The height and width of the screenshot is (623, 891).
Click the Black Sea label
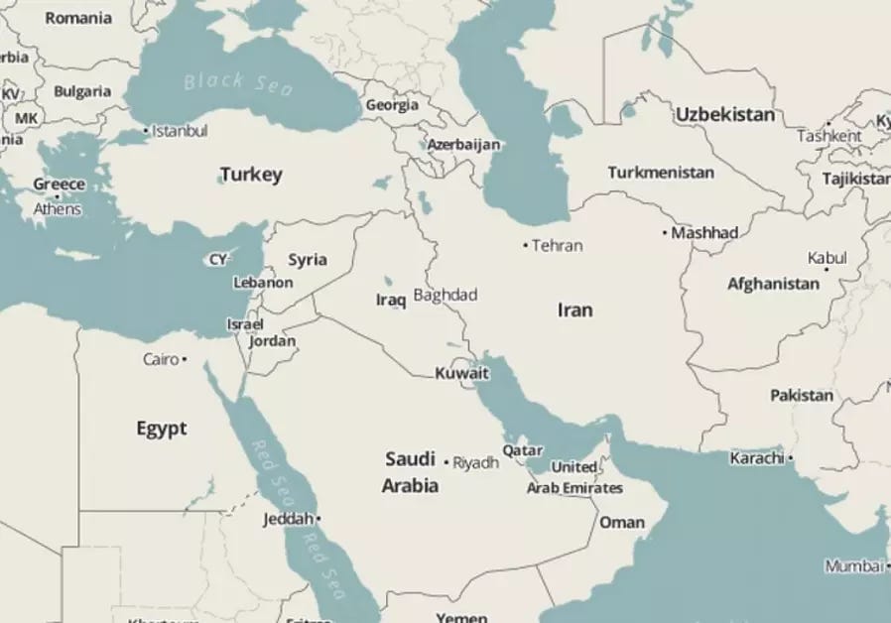pyautogui.click(x=238, y=83)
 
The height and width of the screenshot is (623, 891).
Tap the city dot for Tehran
pyautogui.click(x=526, y=245)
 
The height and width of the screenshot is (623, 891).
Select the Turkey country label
pyautogui.click(x=251, y=175)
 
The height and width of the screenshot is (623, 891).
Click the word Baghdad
pyautogui.click(x=445, y=295)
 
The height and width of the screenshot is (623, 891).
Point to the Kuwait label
pyautogui.click(x=462, y=374)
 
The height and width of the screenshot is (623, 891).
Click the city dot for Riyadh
pyautogui.click(x=446, y=462)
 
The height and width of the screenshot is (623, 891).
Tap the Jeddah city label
pyautogui.click(x=288, y=519)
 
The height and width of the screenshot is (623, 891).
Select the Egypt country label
pyautogui.click(x=161, y=429)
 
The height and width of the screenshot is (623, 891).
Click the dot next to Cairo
pyautogui.click(x=185, y=359)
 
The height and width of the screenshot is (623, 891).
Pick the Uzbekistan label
pyautogui.click(x=725, y=114)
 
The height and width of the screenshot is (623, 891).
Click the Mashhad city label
pyautogui.click(x=705, y=232)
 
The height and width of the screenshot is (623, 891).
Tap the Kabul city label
pyautogui.click(x=827, y=257)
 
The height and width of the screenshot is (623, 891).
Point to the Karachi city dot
pyautogui.click(x=791, y=458)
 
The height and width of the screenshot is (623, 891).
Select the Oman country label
pyautogui.click(x=622, y=522)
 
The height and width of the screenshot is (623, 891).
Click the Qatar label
pyautogui.click(x=522, y=450)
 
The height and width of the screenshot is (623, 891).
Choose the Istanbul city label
pyautogui.click(x=180, y=130)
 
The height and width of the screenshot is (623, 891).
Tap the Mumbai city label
pyautogui.click(x=852, y=566)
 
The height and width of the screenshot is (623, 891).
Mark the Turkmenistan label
pyautogui.click(x=661, y=173)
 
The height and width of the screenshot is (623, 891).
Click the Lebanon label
pyautogui.click(x=263, y=283)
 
